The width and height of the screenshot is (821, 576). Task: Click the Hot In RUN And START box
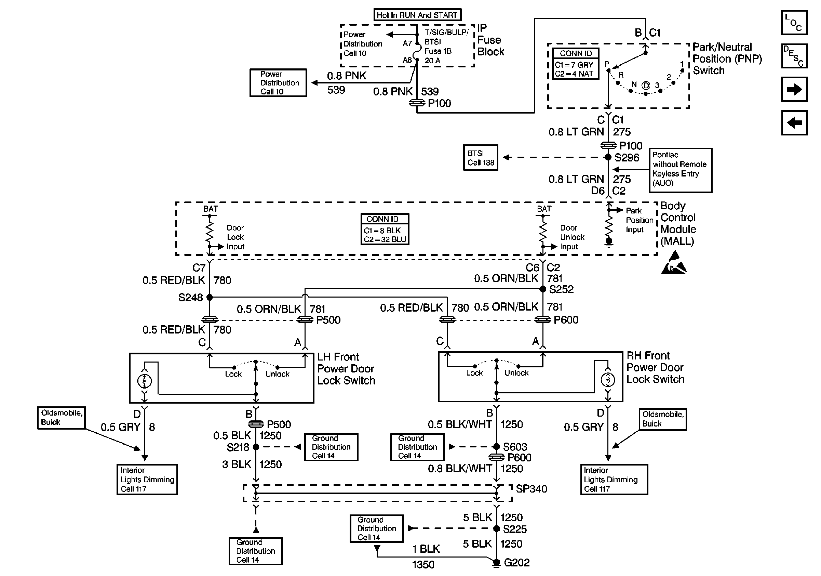coord(417,15)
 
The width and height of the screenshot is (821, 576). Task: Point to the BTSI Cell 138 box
coord(481,157)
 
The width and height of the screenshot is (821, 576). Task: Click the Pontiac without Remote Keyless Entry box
coord(680,170)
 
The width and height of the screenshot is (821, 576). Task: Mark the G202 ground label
coord(516,563)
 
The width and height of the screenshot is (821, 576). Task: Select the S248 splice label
coord(191,297)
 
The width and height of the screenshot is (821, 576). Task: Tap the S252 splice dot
coord(542,289)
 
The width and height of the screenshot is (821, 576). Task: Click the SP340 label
coord(531,489)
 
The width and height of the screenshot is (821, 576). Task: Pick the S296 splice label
coord(627,157)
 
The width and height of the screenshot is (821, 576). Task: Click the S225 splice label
coord(515,529)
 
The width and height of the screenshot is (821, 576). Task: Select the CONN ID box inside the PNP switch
coord(575,64)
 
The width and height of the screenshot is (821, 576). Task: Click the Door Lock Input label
coord(235,237)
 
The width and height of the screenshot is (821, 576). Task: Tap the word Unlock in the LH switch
coord(277,374)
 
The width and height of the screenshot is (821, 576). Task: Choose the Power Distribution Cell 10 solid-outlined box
coord(278,83)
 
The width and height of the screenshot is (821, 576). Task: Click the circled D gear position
coord(645,86)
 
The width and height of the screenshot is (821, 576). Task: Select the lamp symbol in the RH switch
coord(607,380)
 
